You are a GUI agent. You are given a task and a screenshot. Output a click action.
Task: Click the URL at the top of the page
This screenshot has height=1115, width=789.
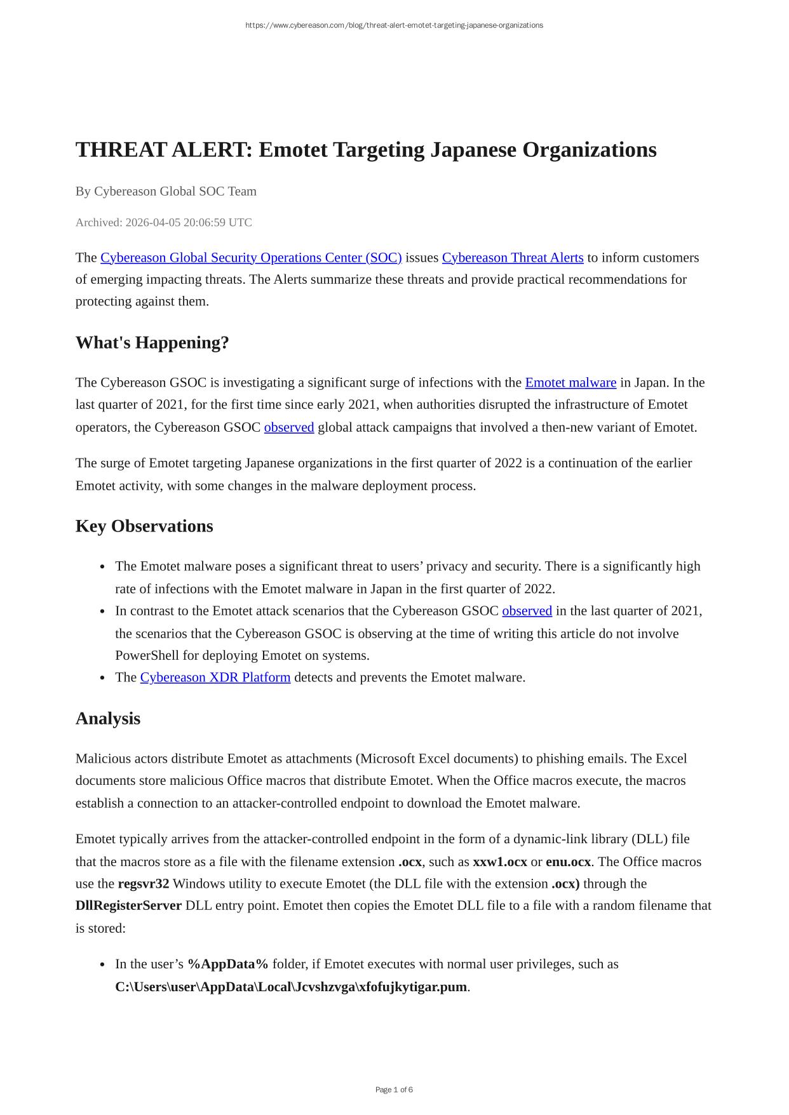[394, 25]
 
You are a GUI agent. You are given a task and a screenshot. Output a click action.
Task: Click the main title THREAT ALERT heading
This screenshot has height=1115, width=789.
[366, 150]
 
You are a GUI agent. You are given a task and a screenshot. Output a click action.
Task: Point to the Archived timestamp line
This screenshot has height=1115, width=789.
[163, 222]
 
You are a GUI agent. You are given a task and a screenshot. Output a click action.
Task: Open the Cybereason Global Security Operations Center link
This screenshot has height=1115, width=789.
[251, 258]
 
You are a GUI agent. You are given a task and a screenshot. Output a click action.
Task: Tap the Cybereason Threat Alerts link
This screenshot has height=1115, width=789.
[513, 258]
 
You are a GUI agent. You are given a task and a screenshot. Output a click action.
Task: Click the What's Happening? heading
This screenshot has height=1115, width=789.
[152, 343]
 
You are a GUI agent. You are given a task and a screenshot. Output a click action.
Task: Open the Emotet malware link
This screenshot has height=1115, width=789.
[570, 383]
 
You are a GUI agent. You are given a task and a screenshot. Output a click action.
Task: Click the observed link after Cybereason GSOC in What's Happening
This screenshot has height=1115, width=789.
[289, 427]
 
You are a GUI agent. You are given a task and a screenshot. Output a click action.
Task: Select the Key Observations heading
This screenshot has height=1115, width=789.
[144, 526]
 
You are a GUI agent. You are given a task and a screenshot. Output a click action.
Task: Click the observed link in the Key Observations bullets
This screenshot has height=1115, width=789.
[527, 611]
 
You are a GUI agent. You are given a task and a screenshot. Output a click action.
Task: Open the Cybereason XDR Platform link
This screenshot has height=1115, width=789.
[215, 678]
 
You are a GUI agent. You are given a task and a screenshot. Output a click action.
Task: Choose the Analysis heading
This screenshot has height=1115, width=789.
[108, 719]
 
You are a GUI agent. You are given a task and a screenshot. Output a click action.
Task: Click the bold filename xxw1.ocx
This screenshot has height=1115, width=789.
[500, 862]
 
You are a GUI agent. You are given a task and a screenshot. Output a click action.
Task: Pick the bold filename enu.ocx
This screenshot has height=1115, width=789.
[568, 862]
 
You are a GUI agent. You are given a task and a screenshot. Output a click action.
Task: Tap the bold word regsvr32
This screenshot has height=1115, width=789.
[144, 884]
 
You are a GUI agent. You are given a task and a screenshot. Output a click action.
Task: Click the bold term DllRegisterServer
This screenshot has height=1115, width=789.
[128, 905]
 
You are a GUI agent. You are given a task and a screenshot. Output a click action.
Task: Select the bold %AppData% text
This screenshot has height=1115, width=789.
[228, 964]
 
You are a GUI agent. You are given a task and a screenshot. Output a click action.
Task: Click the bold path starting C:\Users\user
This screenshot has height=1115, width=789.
[291, 987]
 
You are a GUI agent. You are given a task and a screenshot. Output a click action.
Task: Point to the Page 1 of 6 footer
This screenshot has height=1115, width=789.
[394, 1090]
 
